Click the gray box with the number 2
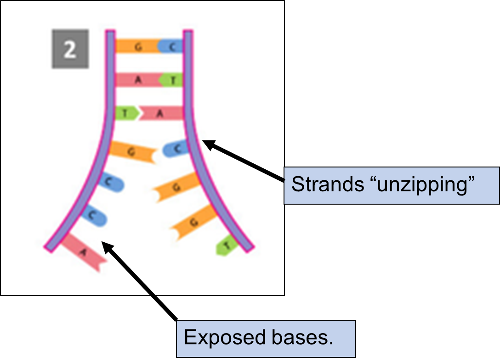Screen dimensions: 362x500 tap(69, 50)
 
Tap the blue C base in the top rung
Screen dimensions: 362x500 tap(171, 46)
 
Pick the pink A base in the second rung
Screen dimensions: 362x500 tap(137, 80)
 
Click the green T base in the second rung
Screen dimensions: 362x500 tap(172, 80)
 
